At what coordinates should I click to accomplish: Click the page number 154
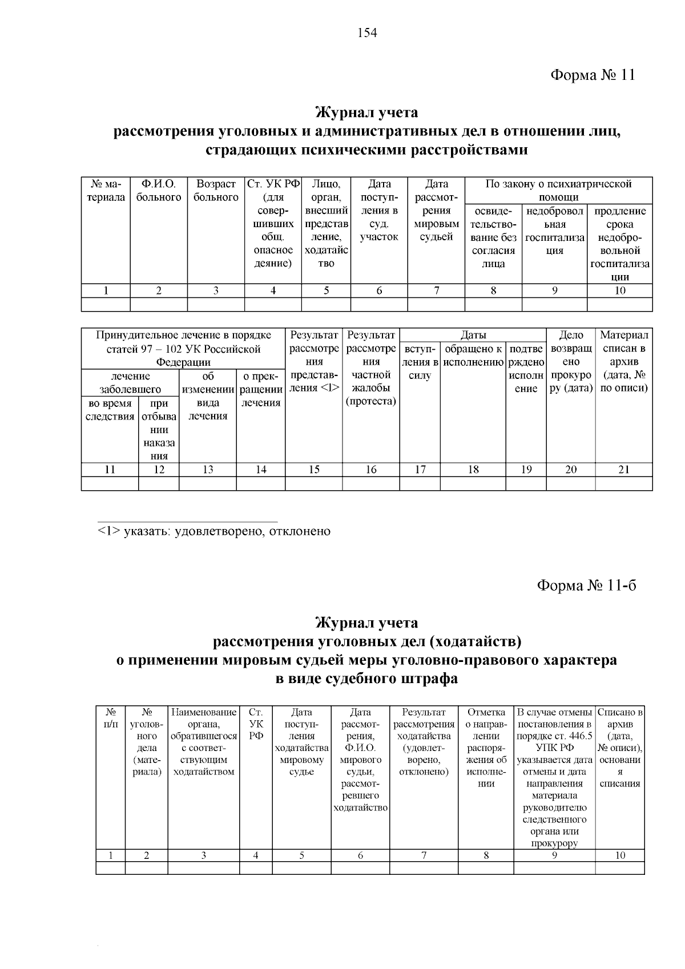point(367,33)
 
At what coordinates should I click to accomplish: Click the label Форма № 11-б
point(586,586)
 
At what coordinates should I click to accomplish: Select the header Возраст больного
point(216,191)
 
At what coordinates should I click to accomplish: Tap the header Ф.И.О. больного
point(159,191)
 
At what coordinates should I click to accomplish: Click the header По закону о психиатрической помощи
point(558,191)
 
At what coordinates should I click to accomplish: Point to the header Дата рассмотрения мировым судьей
point(436,210)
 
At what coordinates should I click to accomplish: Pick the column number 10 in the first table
point(619,290)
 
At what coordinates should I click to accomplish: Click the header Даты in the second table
point(473,335)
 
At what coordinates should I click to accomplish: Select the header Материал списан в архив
point(624,361)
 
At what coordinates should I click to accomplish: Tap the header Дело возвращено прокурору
point(571,361)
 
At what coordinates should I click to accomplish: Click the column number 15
point(314,470)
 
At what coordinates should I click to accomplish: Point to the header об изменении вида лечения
point(208,396)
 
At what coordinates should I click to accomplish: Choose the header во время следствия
point(110,410)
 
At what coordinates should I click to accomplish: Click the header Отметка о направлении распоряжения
point(486,748)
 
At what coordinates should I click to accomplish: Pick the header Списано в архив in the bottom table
point(620,748)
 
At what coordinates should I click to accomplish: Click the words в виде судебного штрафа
point(366,679)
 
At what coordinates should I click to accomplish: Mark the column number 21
point(624,470)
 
